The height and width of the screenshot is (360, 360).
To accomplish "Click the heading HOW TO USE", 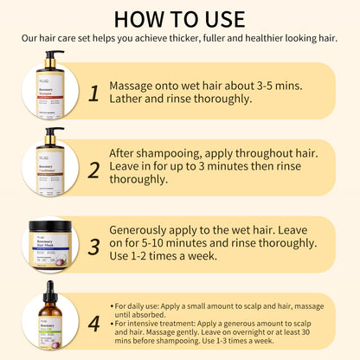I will (180, 18).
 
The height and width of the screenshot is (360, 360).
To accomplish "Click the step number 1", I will (93, 93).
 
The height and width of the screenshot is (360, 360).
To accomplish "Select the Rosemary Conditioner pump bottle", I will (50, 164).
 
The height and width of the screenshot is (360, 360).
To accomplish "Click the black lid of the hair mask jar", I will (50, 226).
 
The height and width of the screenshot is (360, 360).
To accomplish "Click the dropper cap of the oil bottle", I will (50, 295).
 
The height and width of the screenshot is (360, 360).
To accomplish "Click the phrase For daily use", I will (143, 306).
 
